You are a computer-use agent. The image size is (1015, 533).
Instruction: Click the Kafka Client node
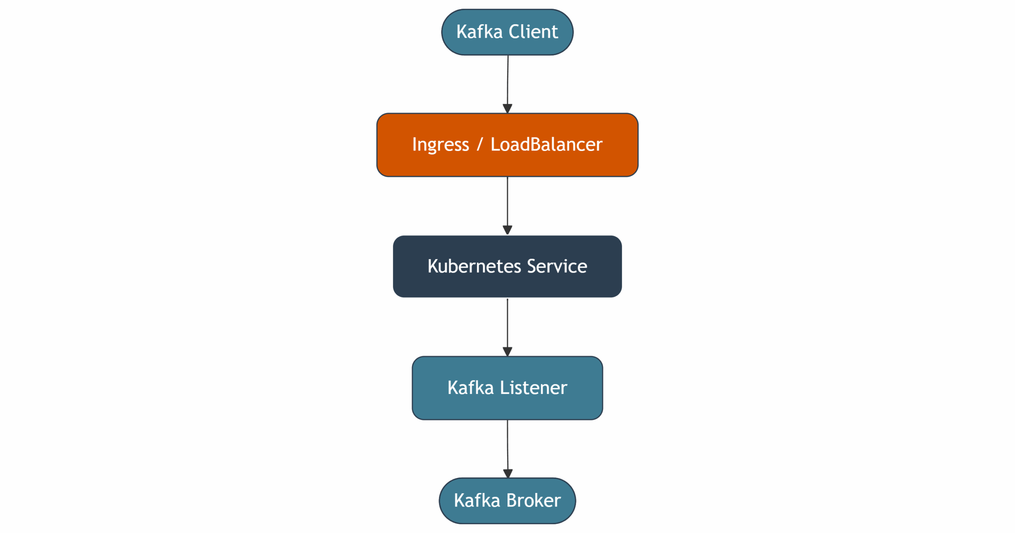pyautogui.click(x=507, y=32)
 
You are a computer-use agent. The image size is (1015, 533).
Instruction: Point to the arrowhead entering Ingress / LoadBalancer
pyautogui.click(x=507, y=109)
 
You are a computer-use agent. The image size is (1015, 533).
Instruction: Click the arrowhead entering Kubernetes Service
pyautogui.click(x=507, y=230)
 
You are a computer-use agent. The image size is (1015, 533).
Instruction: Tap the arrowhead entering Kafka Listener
pyautogui.click(x=507, y=352)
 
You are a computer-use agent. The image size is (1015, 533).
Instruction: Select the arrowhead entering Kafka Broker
pyautogui.click(x=507, y=473)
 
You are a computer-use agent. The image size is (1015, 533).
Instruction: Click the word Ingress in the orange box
pyautogui.click(x=440, y=145)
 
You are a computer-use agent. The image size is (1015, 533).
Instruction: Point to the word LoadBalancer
pyautogui.click(x=546, y=145)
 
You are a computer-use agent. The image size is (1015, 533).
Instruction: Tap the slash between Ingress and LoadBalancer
pyautogui.click(x=480, y=145)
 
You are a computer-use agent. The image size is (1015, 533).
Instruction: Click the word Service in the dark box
pyautogui.click(x=557, y=266)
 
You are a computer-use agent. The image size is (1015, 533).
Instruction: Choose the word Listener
pyautogui.click(x=533, y=388)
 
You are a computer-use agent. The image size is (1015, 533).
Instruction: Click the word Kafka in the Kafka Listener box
pyautogui.click(x=470, y=388)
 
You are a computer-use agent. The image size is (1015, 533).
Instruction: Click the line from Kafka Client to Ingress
pyautogui.click(x=507, y=79)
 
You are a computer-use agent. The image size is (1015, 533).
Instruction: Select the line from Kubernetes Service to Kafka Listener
pyautogui.click(x=507, y=323)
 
